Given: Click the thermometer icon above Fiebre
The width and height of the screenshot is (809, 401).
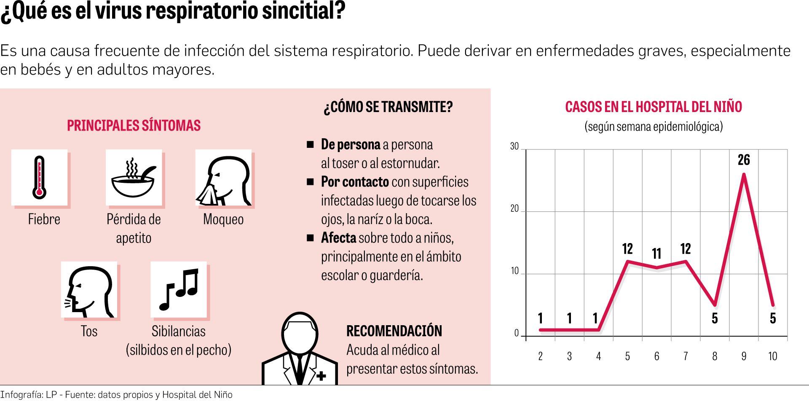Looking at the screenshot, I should point(40,177).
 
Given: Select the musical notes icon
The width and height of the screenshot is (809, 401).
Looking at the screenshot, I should point(178,289).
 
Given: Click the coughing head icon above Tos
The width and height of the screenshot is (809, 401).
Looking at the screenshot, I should point(89,290).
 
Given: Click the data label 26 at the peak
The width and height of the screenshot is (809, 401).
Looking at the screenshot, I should point(744,160).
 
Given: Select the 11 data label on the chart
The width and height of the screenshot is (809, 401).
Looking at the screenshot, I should point(656,254).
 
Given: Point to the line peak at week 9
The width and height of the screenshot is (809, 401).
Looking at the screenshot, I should point(744,174).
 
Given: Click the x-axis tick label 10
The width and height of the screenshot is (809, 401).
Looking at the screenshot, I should point(772,356).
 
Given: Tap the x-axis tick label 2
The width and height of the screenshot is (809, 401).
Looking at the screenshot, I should point(540,356).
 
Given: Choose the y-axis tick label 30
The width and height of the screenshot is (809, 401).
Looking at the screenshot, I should point(514,147).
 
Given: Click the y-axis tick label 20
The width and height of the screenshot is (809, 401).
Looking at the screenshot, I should point(514,209).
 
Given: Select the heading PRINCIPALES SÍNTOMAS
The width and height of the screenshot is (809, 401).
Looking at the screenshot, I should point(134,126).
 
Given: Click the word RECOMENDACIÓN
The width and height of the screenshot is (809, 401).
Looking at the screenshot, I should point(394,331).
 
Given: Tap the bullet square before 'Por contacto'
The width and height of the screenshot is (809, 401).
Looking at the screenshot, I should point(311,182).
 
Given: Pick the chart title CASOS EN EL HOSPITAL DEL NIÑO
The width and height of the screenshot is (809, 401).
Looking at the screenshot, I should point(653,107).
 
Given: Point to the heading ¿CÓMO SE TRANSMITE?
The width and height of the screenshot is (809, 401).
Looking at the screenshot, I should point(388,107).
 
